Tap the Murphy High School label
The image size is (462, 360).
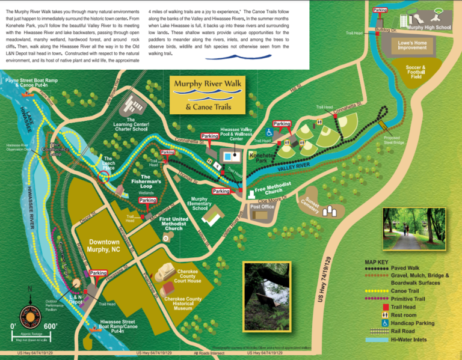[428, 28]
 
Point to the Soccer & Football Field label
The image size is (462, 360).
[416, 72]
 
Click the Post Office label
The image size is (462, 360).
[262, 207]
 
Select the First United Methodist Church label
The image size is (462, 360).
[174, 224]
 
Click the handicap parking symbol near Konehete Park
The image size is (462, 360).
[269, 132]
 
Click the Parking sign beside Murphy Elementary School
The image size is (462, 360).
[221, 191]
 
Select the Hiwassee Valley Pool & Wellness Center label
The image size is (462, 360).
[236, 133]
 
